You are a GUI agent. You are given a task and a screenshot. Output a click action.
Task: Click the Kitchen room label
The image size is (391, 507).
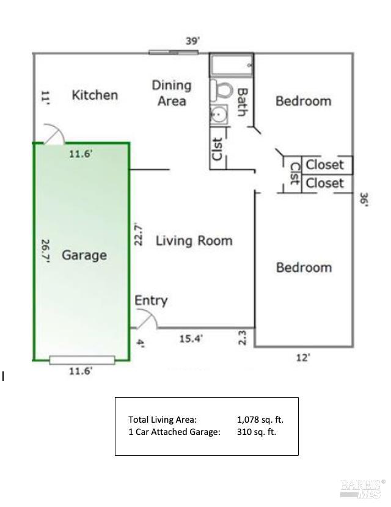(95, 95)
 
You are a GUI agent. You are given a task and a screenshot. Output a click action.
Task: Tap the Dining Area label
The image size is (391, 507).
(172, 93)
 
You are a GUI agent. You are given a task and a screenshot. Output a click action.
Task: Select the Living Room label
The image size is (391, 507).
(194, 241)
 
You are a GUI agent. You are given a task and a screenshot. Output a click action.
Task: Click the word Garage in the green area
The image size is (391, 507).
(84, 255)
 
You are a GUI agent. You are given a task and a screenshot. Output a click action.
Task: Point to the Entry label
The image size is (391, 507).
(151, 301)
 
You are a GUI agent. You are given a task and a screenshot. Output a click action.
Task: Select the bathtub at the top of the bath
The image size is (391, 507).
(232, 64)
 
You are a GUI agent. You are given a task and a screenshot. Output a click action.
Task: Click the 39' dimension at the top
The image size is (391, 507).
(193, 42)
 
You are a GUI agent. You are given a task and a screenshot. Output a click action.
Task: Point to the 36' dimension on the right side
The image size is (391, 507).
(364, 200)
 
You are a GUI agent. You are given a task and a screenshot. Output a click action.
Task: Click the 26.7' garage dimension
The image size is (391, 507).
(45, 250)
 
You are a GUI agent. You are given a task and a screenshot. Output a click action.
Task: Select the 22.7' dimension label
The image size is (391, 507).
(139, 235)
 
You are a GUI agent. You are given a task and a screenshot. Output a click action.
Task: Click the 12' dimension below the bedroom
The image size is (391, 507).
(303, 358)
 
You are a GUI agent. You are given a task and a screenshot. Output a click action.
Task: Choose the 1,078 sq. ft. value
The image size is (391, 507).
(260, 420)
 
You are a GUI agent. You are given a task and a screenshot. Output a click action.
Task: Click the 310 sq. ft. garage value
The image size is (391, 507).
(257, 432)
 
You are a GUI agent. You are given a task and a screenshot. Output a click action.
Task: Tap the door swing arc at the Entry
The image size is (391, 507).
(147, 318)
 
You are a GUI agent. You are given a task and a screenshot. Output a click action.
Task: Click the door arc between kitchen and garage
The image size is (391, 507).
(52, 134)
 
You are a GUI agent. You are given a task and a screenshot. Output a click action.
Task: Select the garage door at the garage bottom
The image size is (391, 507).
(82, 360)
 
